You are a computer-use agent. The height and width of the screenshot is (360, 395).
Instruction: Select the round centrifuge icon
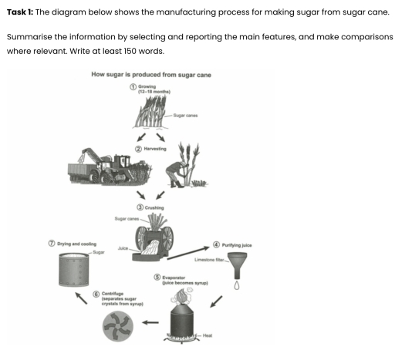120,329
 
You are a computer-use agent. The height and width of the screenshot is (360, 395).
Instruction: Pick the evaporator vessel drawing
191,317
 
